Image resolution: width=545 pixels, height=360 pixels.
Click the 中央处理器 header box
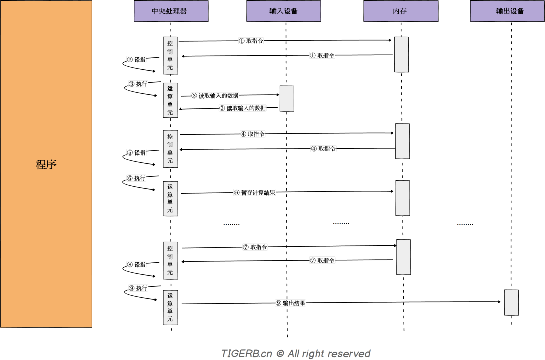click(x=170, y=11)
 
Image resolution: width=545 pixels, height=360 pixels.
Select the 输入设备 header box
click(x=284, y=11)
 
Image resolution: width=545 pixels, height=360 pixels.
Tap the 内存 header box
click(x=400, y=11)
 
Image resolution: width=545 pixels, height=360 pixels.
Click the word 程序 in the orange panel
click(x=46, y=164)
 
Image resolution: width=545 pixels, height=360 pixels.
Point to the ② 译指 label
click(x=136, y=59)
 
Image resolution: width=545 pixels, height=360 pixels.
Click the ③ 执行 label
click(x=138, y=84)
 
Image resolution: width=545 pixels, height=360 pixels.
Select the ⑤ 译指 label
click(x=136, y=152)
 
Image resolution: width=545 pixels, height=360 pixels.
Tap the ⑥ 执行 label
click(x=136, y=178)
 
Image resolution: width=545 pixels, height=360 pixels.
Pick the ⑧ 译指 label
click(x=136, y=264)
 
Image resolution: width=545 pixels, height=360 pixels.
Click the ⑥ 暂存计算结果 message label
click(x=254, y=192)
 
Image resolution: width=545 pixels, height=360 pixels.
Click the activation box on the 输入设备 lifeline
click(x=287, y=98)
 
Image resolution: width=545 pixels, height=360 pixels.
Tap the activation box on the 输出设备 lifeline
click(x=511, y=302)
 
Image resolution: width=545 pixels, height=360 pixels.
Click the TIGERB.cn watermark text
click(x=295, y=353)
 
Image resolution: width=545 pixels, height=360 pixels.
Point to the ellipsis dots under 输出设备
click(x=465, y=224)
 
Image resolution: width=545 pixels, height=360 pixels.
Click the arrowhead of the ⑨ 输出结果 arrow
click(x=501, y=302)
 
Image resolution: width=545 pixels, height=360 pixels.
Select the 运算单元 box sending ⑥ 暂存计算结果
click(x=170, y=198)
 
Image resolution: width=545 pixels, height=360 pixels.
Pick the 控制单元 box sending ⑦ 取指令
click(x=170, y=260)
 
